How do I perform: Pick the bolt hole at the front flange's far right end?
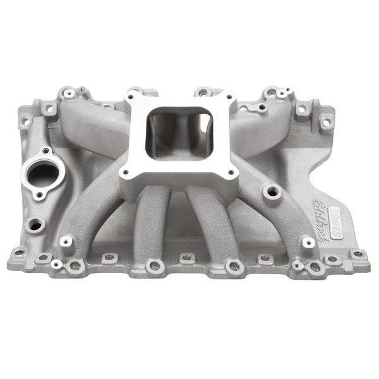pyautogui.click(x=358, y=255)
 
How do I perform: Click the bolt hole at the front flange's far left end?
pyautogui.click(x=18, y=252)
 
